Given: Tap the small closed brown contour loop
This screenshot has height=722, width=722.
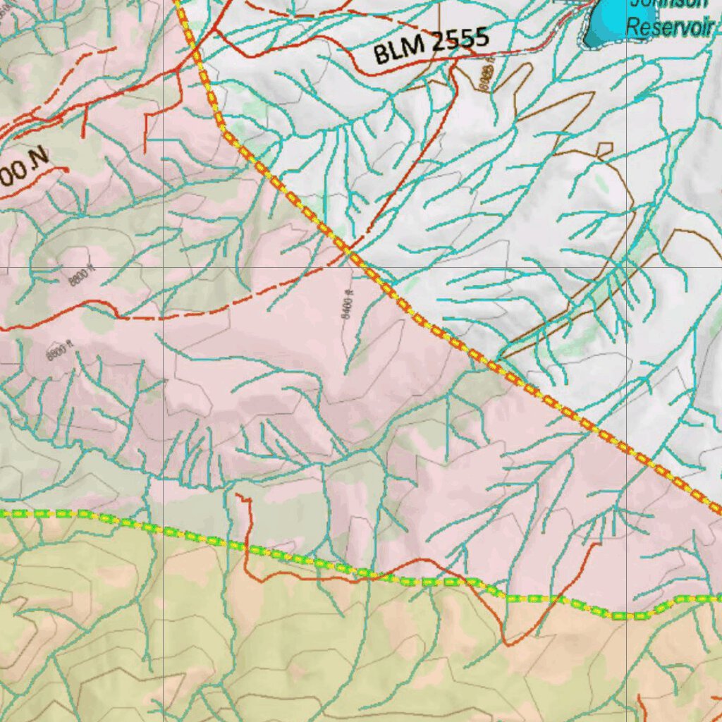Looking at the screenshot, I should tap(604, 150).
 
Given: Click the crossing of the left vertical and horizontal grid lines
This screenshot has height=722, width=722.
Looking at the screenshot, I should tap(164, 268).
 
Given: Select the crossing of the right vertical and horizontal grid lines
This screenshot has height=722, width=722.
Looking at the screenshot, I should tap(627, 268).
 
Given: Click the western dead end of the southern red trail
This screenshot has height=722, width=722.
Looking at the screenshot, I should tap(238, 496).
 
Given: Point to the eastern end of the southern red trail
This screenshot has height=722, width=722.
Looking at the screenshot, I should tap(599, 544).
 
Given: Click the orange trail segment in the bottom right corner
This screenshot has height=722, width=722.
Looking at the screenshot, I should tap(645, 705).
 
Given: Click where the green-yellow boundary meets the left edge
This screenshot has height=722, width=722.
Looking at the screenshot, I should tap(3, 513).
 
